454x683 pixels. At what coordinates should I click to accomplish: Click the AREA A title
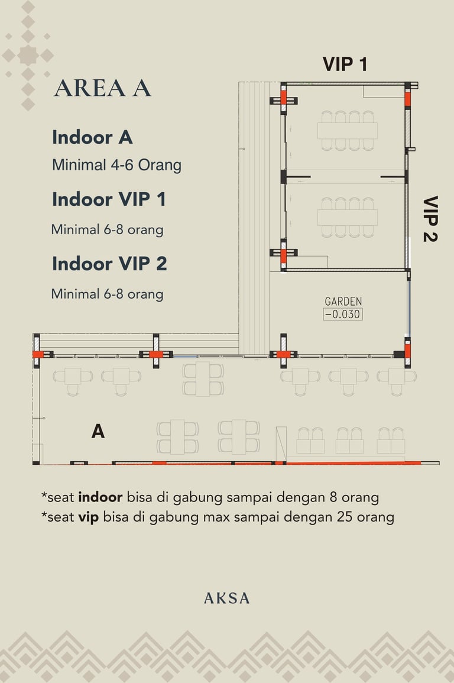(103, 88)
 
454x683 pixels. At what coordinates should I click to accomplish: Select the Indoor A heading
(92, 137)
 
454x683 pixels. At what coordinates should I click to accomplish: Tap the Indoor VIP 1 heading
(109, 199)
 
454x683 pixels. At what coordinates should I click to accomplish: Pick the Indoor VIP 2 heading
(109, 264)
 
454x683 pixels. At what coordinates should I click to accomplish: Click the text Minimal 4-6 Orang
(116, 165)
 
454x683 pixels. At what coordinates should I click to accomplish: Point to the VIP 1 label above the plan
(345, 64)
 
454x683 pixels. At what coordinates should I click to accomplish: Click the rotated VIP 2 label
(430, 219)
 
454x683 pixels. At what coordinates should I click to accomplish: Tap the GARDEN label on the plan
(343, 302)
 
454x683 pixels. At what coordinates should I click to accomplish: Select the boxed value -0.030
(342, 314)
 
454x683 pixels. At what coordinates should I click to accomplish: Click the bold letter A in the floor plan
(98, 431)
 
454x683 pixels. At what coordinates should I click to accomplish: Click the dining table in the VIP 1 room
(348, 131)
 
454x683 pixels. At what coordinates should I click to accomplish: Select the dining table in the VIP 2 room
(348, 218)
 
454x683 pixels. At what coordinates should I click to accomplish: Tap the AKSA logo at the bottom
(227, 598)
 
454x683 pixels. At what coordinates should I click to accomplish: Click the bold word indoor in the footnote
(100, 497)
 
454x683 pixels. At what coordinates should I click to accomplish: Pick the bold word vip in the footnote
(88, 517)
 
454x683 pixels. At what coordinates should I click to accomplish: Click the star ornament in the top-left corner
(28, 56)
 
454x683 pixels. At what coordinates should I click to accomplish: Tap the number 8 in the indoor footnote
(333, 497)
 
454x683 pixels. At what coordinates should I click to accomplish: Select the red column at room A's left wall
(38, 355)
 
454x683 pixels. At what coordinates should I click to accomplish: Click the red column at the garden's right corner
(407, 351)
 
